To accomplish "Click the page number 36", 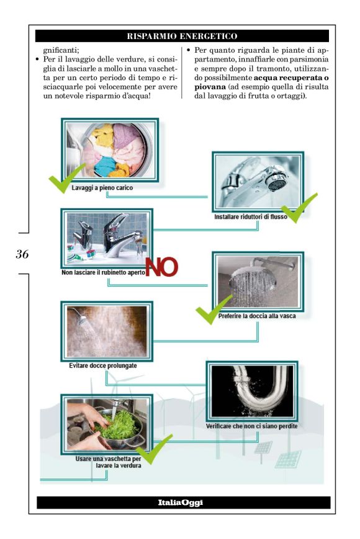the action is click(x=22, y=254).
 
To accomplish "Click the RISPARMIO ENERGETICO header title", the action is click(x=182, y=36).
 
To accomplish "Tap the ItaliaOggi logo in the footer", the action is click(x=181, y=502).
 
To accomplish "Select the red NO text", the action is click(x=161, y=267).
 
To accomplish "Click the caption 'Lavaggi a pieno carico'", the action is click(x=102, y=188).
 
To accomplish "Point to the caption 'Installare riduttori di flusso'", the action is click(x=251, y=217).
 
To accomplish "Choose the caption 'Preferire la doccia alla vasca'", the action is click(x=257, y=316).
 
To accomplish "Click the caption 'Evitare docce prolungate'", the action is click(x=103, y=365).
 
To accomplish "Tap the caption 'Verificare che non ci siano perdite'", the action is click(x=251, y=426).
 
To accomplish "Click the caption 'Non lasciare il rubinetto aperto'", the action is click(x=103, y=272).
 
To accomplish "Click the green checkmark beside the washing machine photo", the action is click(x=66, y=179).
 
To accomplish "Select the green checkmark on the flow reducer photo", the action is click(x=298, y=208).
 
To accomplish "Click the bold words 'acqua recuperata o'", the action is click(x=291, y=78).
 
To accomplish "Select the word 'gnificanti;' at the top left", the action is click(x=61, y=50).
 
